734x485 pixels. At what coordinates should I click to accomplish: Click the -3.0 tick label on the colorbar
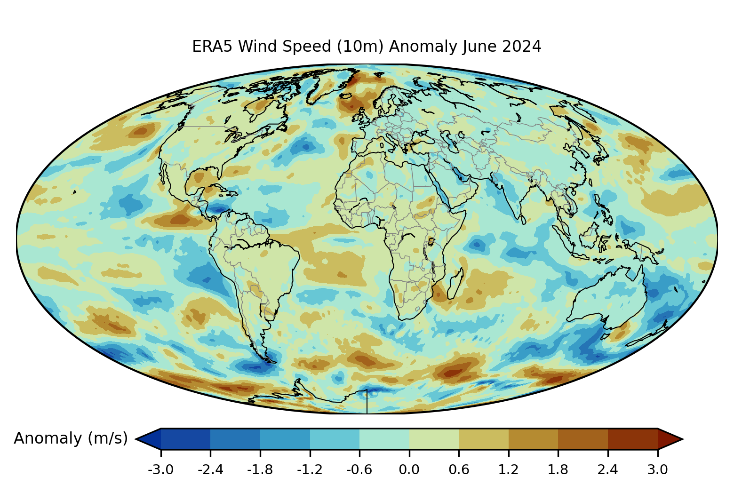tap(160, 469)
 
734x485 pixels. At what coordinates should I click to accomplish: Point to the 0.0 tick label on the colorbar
tap(409, 469)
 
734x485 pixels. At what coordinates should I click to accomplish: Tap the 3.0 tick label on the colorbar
tap(657, 469)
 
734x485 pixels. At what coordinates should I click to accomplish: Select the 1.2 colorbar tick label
tap(508, 469)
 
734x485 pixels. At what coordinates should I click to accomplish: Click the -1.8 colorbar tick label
tap(260, 469)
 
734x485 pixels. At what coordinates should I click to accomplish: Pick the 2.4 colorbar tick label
tap(607, 469)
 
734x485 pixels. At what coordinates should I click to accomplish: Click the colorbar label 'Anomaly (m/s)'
tap(71, 438)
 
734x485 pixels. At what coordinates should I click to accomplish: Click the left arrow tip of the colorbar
tap(138, 439)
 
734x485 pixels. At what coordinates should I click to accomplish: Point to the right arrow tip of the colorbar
tap(681, 439)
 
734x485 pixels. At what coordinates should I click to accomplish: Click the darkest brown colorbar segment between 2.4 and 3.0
tap(632, 439)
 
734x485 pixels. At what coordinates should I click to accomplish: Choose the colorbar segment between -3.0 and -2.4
tap(185, 439)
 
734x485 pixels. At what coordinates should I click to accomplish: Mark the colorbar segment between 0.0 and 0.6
tap(434, 439)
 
